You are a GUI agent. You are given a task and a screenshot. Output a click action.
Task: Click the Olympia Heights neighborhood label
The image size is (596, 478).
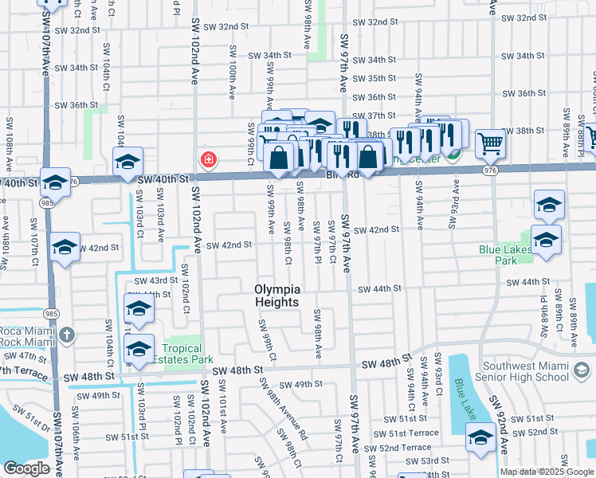point(276,296)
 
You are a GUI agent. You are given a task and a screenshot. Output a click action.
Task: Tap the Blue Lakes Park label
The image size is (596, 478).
point(505,254)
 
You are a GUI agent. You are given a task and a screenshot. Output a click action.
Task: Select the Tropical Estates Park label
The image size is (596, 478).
point(188,354)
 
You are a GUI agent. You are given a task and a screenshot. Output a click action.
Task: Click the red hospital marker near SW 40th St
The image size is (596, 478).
point(209,160)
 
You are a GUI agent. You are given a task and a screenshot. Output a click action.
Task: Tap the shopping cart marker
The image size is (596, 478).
point(491,145)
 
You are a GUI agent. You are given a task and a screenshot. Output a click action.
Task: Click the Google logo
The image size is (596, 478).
point(26,468)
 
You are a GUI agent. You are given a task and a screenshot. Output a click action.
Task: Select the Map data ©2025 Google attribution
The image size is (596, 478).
point(546,472)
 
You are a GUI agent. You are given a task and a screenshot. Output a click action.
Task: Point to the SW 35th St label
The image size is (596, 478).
point(374,78)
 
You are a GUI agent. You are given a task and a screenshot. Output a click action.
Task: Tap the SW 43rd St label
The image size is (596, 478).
point(155,280)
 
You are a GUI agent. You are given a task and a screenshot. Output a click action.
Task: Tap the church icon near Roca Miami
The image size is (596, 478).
point(68,335)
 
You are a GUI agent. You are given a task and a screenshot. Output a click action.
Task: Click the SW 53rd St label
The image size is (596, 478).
point(436,460)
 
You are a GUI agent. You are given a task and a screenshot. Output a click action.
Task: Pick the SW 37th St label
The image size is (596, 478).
point(374,116)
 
